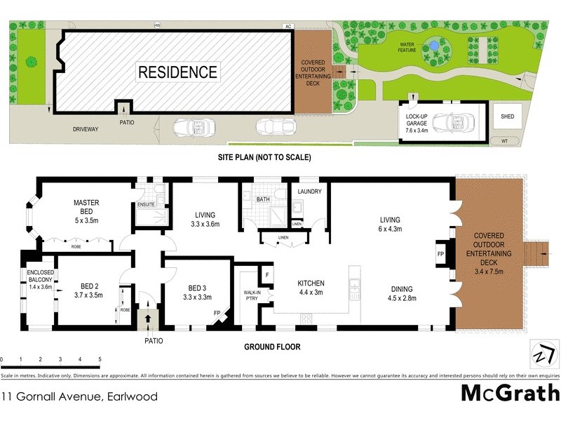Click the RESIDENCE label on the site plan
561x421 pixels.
click(x=177, y=72)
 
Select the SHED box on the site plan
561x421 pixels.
click(x=506, y=116)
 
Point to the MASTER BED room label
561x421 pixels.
click(x=87, y=208)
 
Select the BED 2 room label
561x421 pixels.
click(x=88, y=291)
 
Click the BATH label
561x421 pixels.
click(x=263, y=199)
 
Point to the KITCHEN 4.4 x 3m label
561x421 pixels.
click(x=310, y=288)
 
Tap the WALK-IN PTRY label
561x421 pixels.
click(x=252, y=295)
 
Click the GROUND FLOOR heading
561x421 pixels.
click(x=272, y=347)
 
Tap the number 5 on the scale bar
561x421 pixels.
click(x=100, y=359)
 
